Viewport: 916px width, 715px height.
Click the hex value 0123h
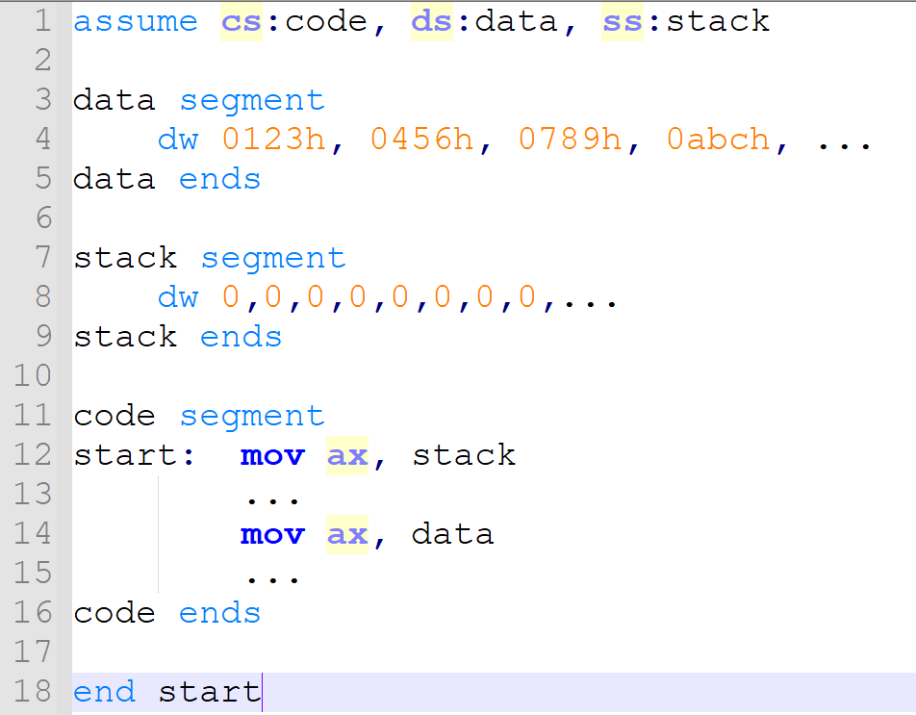coord(273,140)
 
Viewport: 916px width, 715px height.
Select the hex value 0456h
coord(421,140)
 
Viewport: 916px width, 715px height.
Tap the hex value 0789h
coord(570,140)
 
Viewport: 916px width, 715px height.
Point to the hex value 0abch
coord(718,140)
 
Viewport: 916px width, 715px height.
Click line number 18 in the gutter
coord(35,692)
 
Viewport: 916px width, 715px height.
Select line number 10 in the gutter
coord(35,375)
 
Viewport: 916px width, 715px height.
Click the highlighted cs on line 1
coord(241,21)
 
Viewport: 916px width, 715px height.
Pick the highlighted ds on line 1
coord(432,21)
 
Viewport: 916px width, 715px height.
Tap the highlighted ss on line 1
coord(623,21)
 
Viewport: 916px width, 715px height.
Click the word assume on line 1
coord(136,21)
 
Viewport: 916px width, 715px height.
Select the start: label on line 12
coord(136,454)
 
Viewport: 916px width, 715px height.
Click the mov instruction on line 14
coord(272,533)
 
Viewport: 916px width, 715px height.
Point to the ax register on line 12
coord(347,454)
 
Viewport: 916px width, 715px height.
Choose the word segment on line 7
coord(272,258)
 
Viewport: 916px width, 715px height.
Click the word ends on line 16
coord(219,613)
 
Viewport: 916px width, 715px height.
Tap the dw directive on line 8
coord(178,297)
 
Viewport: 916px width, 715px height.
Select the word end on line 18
coord(104,692)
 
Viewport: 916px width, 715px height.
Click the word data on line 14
coord(452,533)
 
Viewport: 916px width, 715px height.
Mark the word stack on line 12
coord(464,454)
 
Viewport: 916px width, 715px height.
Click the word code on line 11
coord(114,416)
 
